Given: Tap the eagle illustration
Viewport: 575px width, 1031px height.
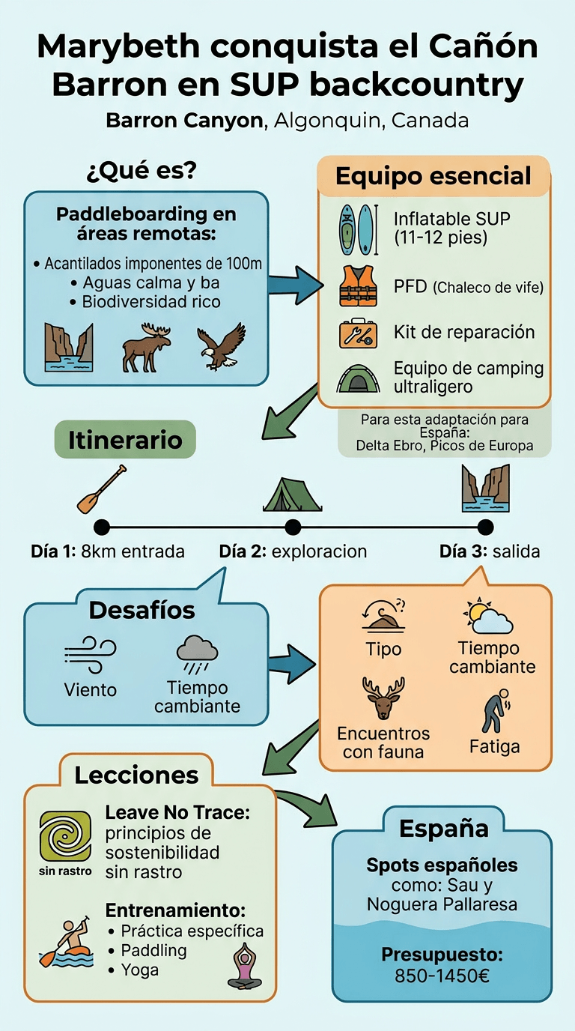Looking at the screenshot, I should point(220,346).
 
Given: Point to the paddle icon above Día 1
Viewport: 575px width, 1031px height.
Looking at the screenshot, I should point(101,489).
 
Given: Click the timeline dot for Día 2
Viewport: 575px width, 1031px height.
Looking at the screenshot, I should point(293,527).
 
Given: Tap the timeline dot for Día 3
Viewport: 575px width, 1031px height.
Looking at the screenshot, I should point(485,527).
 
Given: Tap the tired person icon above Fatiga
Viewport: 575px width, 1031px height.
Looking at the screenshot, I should point(494,710).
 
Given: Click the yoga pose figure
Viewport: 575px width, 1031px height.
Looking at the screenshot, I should point(244,966).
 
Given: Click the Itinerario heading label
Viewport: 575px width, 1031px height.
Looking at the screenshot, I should point(125,440).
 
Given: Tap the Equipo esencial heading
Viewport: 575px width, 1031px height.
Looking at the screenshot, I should point(433,177).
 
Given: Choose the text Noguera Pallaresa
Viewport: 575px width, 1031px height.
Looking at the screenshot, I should point(442,904).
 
